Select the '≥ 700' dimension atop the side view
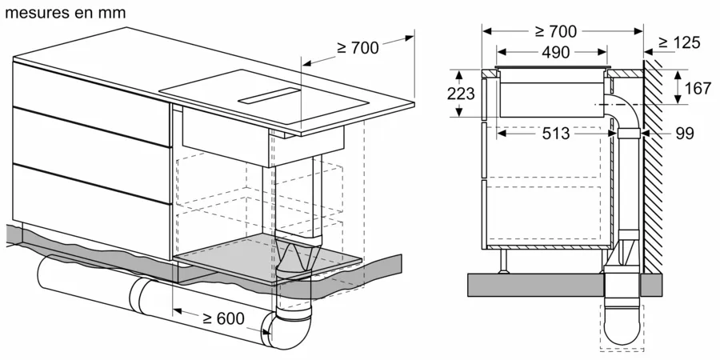556,31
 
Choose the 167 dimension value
698,88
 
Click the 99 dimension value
685,134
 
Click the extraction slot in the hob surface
271,97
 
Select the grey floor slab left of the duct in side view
532,282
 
